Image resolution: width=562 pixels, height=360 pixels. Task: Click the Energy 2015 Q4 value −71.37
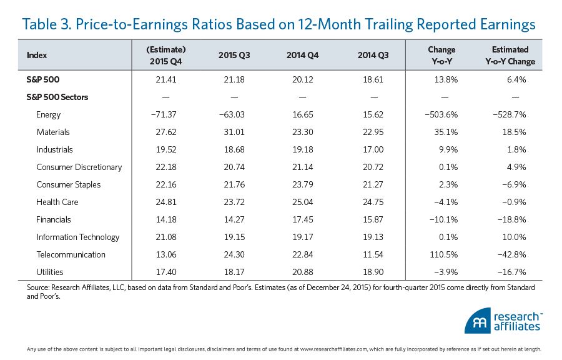(165, 115)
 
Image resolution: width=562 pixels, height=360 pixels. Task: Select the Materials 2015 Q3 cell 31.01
(234, 132)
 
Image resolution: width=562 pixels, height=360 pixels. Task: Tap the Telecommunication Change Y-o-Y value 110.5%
(442, 255)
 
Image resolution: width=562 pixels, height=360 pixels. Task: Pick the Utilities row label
(50, 272)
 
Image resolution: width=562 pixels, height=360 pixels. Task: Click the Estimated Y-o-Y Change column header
(510, 55)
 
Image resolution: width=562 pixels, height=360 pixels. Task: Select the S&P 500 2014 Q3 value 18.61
(373, 80)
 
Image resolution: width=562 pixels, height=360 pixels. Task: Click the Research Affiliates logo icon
(477, 321)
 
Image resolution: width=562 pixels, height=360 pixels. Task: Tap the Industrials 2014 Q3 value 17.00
(373, 150)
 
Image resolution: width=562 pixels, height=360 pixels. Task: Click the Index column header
(36, 55)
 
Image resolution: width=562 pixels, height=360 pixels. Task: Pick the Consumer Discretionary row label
(79, 167)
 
